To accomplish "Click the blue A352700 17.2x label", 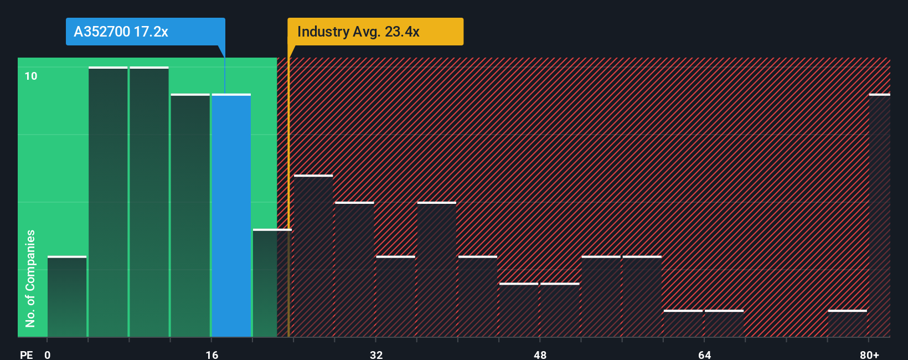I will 145,32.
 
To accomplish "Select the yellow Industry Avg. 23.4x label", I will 375,32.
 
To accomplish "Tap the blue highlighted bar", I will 231,216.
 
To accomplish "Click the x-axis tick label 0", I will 48,354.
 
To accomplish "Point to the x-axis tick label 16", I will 212,354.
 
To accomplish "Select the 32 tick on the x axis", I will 376,354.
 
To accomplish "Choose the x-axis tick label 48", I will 540,354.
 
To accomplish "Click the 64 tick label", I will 704,354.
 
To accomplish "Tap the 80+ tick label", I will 869,354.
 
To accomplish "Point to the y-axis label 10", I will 31,76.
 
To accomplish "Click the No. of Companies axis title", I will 30,278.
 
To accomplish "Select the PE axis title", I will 26,354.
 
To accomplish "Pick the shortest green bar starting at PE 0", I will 67,297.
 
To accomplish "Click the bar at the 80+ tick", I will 879,216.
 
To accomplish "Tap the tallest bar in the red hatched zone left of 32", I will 313,256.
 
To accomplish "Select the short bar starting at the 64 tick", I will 724,323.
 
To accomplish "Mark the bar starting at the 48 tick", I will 560,310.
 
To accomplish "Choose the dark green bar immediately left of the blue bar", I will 190,216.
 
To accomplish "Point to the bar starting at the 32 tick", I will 395,297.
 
